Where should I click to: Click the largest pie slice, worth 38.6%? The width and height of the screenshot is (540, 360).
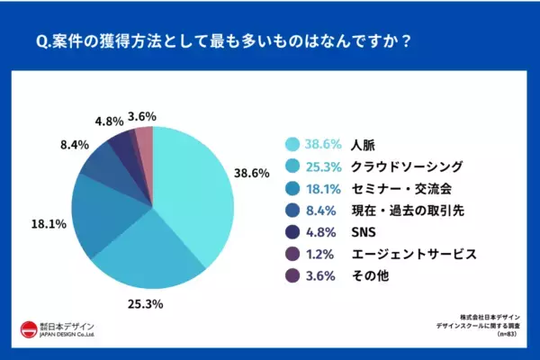[x=189, y=189]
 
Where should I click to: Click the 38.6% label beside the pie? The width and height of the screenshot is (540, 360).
[x=252, y=174]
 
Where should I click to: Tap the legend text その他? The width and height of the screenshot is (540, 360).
[x=367, y=276]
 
